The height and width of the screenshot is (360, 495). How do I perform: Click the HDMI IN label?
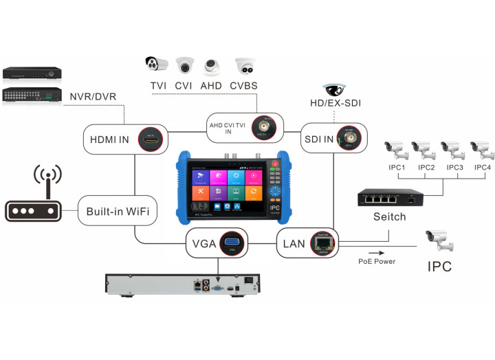pyautogui.click(x=109, y=139)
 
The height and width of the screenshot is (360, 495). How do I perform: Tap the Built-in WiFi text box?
pyautogui.click(x=118, y=212)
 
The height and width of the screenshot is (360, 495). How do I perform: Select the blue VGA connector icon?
pyautogui.click(x=232, y=244)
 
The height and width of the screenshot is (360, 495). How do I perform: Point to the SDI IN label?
pyautogui.click(x=319, y=139)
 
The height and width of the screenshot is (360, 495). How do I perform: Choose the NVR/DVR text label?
pyautogui.click(x=92, y=96)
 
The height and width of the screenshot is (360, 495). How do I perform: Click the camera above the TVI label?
pyautogui.click(x=157, y=65)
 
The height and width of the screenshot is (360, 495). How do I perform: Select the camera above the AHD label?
pyautogui.click(x=212, y=66)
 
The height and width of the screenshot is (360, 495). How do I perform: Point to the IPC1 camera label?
pyautogui.click(x=397, y=167)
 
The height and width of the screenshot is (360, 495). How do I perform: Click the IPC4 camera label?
pyautogui.click(x=482, y=167)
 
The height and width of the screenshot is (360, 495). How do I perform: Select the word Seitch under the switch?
pyautogui.click(x=389, y=217)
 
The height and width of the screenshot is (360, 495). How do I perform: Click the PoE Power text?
pyautogui.click(x=377, y=261)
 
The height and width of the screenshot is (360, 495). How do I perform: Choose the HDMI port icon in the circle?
pyautogui.click(x=152, y=139)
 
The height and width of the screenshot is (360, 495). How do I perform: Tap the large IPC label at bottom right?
pyautogui.click(x=440, y=266)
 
